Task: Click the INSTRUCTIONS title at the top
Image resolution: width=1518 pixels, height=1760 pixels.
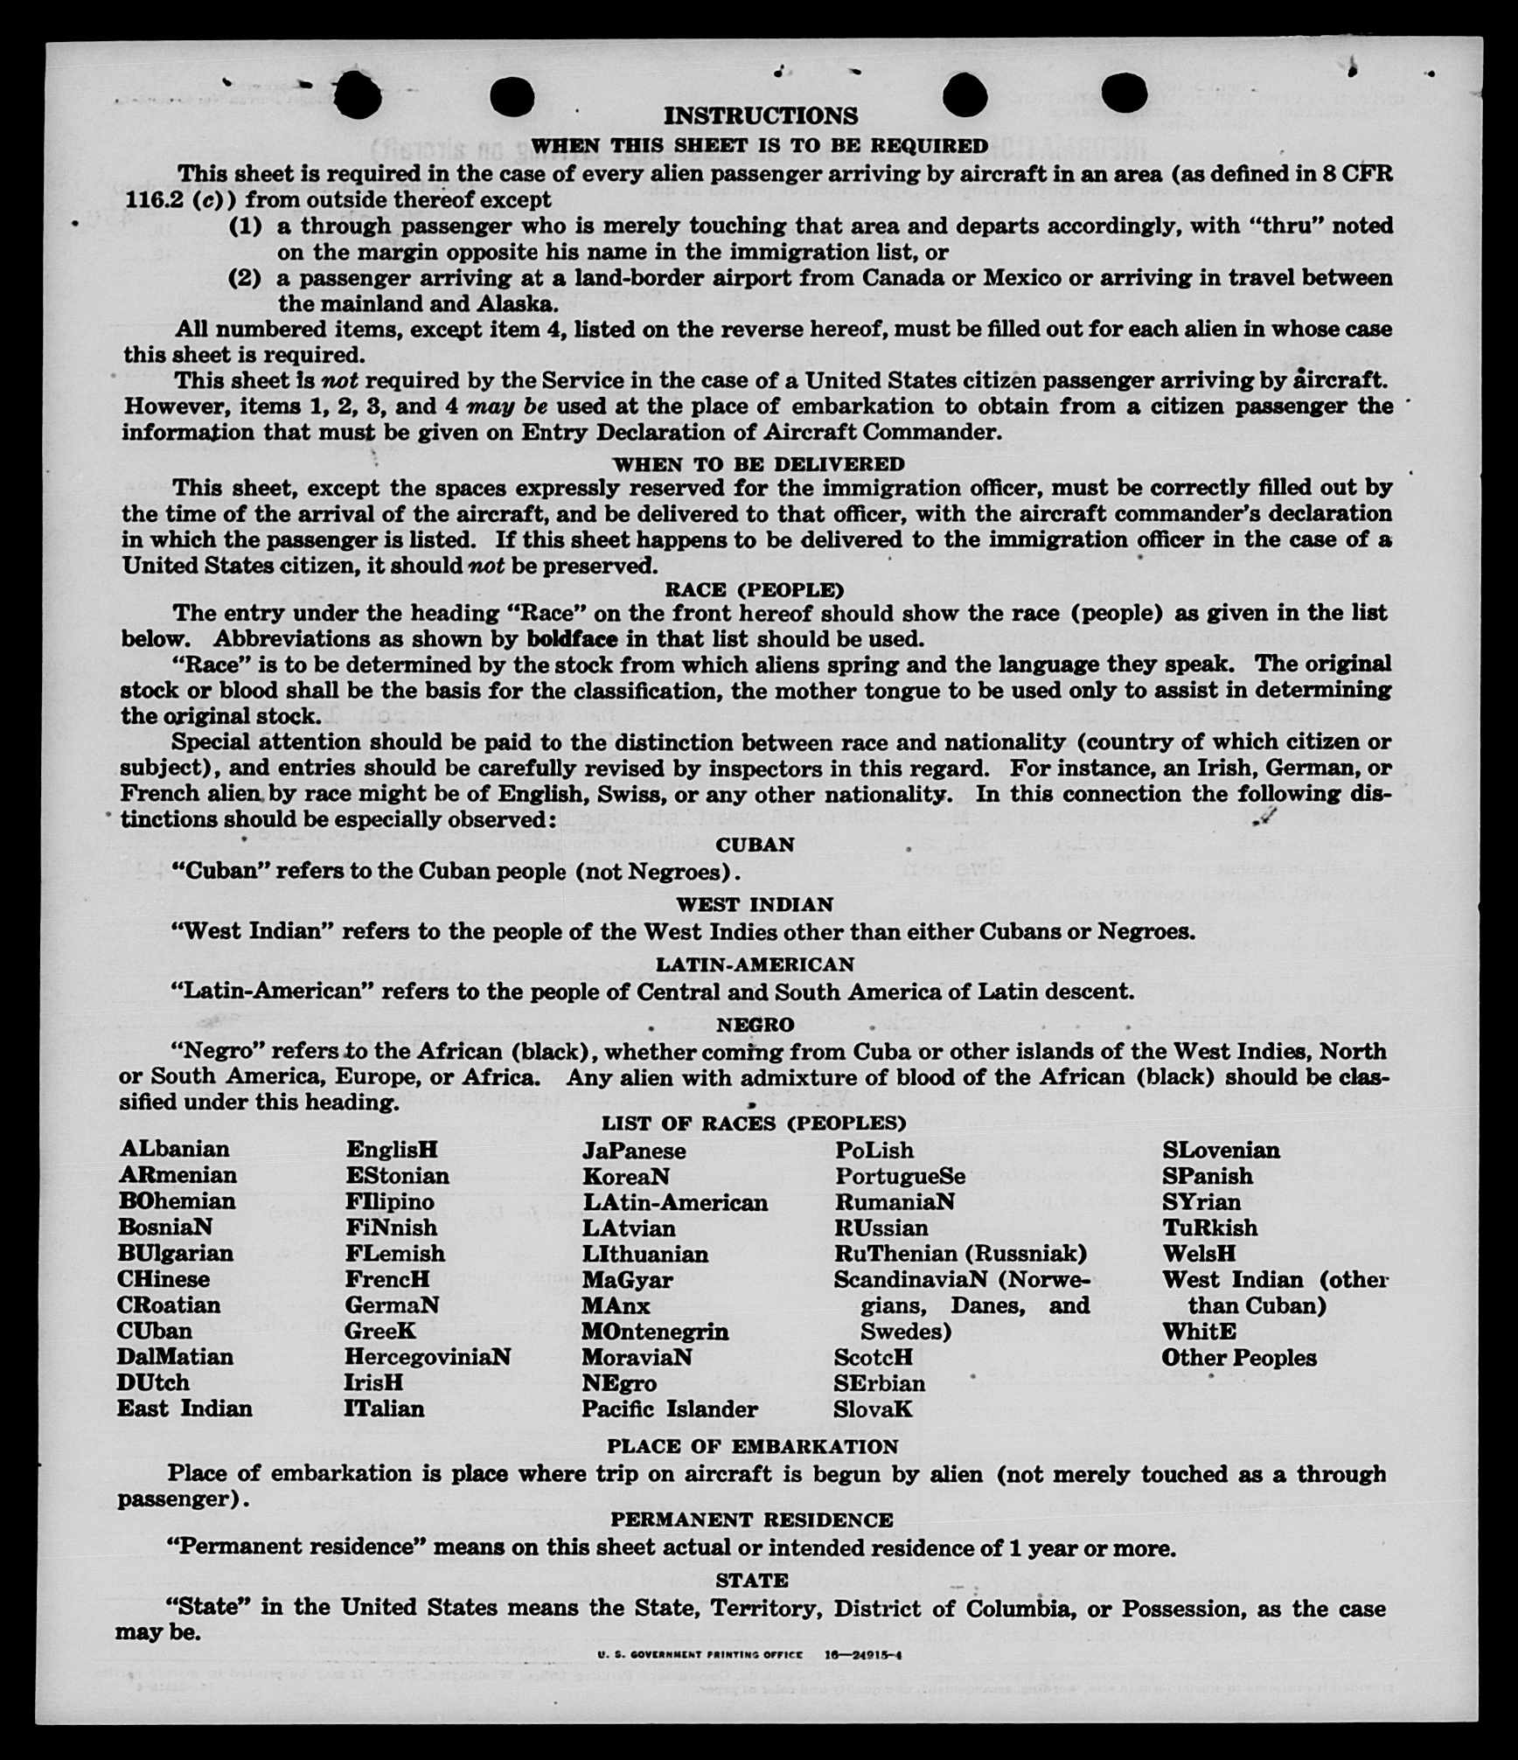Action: tap(761, 115)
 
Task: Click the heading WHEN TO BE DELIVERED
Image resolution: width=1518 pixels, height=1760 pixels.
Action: tap(758, 463)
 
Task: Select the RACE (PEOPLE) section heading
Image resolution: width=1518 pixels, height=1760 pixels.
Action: tap(755, 589)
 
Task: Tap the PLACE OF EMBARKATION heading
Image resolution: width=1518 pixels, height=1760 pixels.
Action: tap(752, 1446)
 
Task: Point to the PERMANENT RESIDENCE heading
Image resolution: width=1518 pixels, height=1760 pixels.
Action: tap(752, 1520)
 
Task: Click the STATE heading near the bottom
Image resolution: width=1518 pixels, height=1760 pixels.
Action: tap(752, 1580)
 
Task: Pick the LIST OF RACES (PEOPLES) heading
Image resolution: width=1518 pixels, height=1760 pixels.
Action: tap(754, 1123)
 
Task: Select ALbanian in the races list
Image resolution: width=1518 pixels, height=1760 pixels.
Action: tap(175, 1149)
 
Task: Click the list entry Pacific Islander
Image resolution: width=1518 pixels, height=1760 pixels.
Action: tap(670, 1409)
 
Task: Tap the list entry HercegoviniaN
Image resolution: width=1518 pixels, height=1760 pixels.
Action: tap(428, 1357)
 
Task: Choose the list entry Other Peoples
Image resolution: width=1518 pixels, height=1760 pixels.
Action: tap(1239, 1358)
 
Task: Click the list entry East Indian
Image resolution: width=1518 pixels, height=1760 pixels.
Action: tap(185, 1409)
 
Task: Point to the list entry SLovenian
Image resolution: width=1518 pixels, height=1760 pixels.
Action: tap(1221, 1150)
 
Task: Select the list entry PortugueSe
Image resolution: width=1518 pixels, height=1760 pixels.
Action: tap(901, 1176)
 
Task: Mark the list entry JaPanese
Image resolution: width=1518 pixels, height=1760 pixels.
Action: tap(635, 1150)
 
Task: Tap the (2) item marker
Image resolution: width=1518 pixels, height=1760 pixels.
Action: tap(245, 278)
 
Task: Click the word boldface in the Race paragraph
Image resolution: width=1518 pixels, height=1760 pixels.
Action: tap(572, 638)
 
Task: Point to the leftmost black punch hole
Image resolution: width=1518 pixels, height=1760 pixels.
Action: tap(358, 95)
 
